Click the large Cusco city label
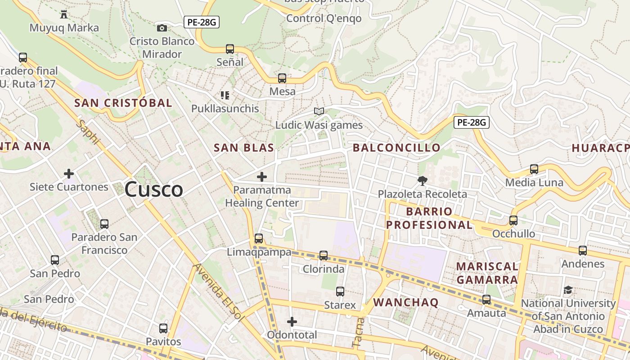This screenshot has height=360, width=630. (153, 189)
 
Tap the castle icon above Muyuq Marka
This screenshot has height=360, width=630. (63, 14)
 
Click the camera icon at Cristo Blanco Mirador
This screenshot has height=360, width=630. (162, 28)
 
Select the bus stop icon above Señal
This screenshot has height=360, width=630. (230, 49)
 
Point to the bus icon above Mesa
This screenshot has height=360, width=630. (282, 78)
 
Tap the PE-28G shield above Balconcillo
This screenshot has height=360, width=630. (471, 122)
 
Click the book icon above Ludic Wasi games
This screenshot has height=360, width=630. (319, 111)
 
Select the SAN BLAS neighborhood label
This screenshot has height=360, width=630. (243, 148)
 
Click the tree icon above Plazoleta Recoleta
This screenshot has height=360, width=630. (422, 181)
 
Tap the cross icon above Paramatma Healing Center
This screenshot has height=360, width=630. (261, 177)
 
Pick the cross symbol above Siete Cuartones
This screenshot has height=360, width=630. (69, 173)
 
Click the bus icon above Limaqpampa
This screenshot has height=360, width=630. (258, 238)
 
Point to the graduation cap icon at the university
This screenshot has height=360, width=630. (568, 290)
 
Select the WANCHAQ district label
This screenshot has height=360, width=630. (405, 302)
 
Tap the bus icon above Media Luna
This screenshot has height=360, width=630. (534, 169)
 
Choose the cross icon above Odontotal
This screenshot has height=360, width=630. (292, 322)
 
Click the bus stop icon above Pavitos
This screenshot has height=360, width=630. (163, 328)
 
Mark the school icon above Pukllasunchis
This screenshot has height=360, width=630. (225, 95)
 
